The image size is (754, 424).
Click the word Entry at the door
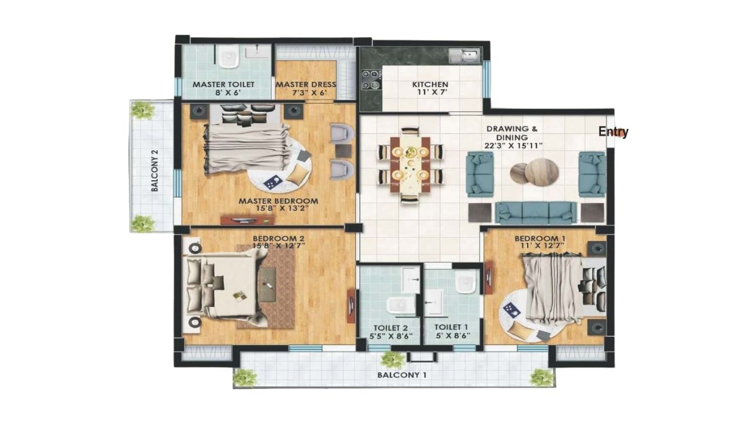[x=613, y=131]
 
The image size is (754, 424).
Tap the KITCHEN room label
[x=430, y=84]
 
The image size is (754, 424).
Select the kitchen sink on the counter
[x=464, y=56]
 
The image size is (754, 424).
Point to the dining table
[x=411, y=164]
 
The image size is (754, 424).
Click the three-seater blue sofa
[x=536, y=213]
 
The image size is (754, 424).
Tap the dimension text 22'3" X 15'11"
[x=514, y=145]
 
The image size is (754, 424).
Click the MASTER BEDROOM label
[x=279, y=201]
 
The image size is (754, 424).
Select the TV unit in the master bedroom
[x=247, y=220]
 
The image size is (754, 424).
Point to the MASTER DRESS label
[x=306, y=84]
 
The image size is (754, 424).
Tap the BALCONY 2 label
[x=155, y=171]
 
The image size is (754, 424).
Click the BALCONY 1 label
[x=402, y=375]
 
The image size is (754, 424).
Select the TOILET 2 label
[x=391, y=328]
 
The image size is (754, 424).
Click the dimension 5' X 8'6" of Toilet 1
[x=453, y=336]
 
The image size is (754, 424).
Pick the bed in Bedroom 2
[x=222, y=286]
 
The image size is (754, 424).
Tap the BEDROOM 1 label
[x=540, y=238]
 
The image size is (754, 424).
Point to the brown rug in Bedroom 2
[x=266, y=286]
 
